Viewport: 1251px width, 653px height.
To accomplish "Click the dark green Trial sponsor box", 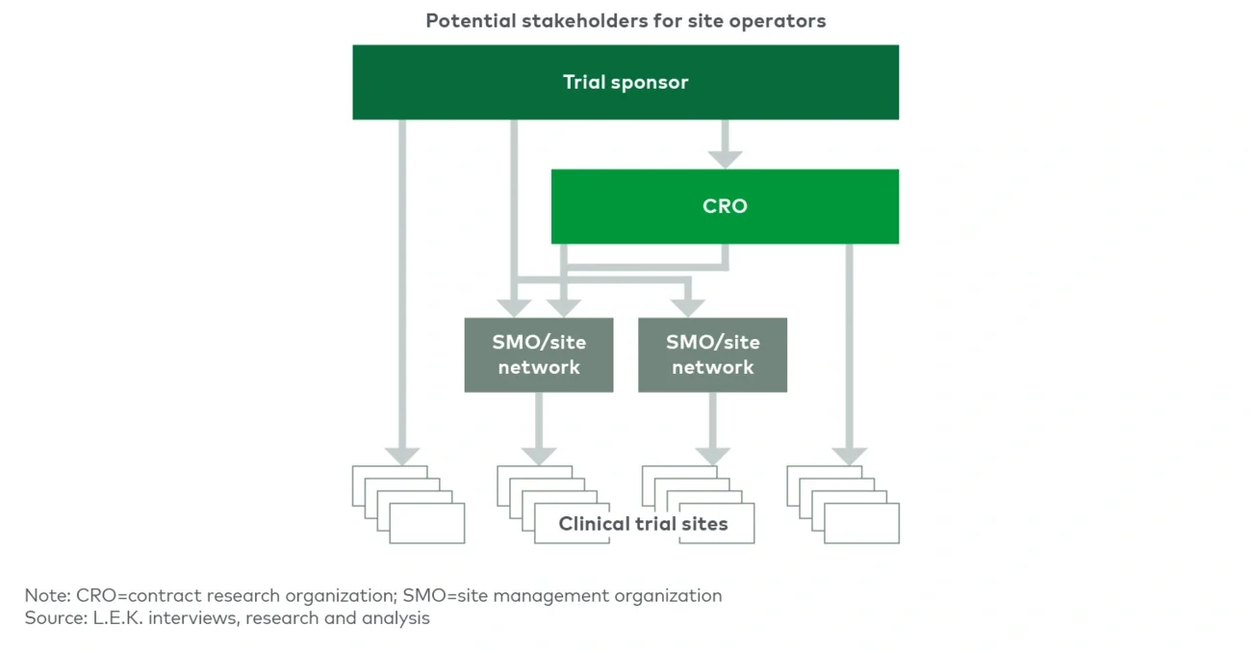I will click(625, 82).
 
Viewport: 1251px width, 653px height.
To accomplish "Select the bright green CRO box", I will click(725, 206).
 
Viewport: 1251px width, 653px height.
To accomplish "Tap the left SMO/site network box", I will click(539, 354).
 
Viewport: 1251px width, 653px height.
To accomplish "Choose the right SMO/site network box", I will click(712, 354).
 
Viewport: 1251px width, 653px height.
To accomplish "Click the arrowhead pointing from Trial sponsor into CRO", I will click(726, 157).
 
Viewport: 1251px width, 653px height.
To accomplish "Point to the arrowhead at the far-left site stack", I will click(402, 455).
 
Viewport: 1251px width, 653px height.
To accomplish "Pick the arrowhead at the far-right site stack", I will click(850, 455).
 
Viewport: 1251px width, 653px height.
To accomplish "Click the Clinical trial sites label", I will click(643, 524).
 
